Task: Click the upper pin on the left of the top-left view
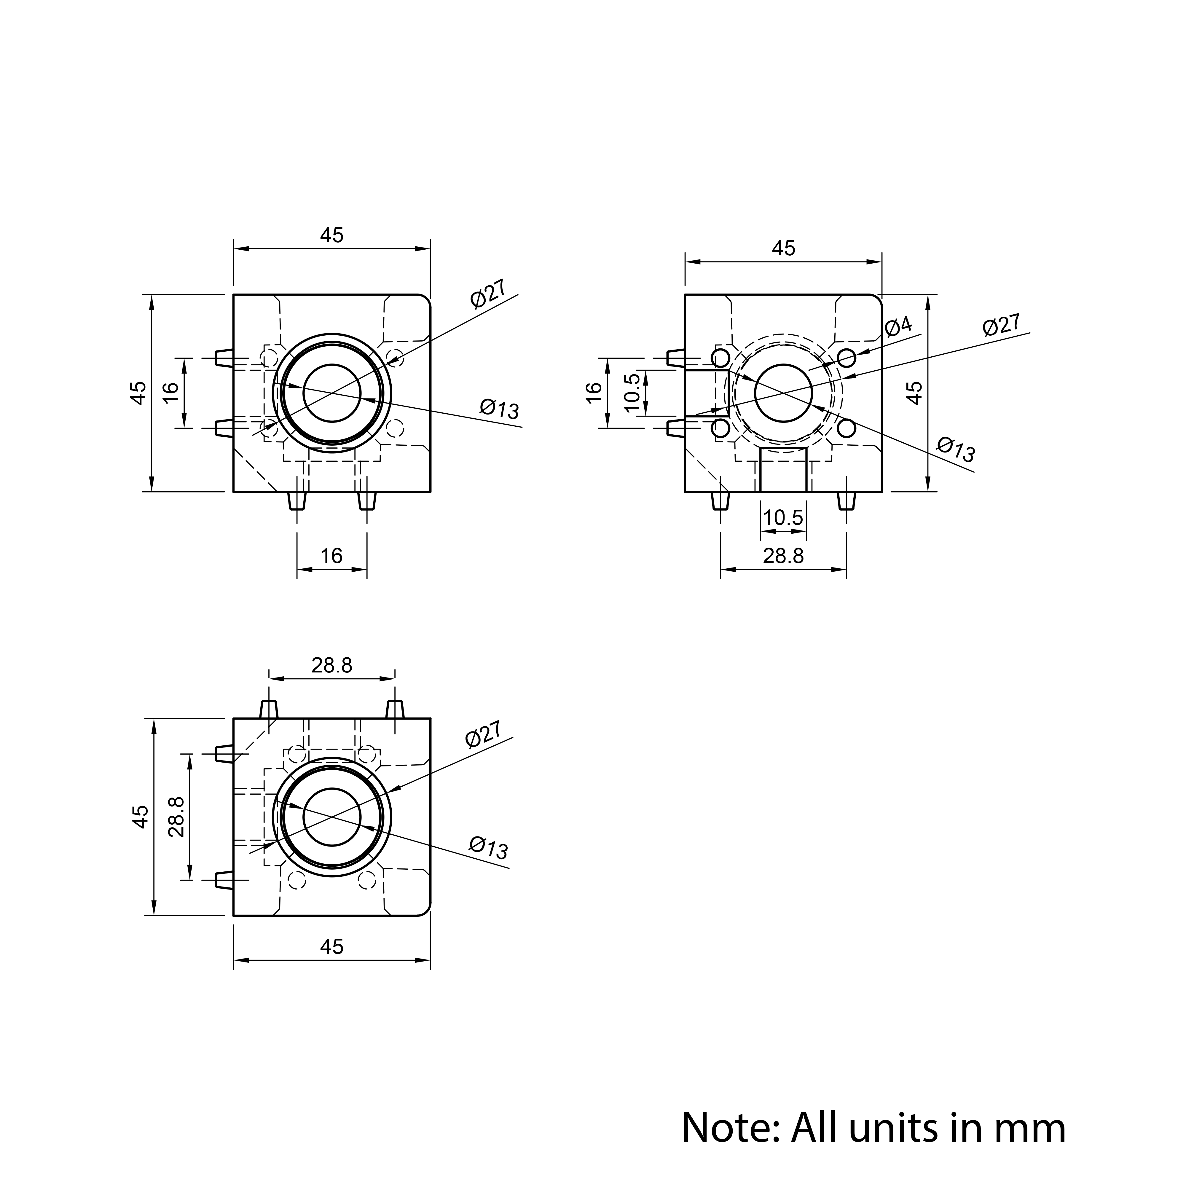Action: click(224, 358)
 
